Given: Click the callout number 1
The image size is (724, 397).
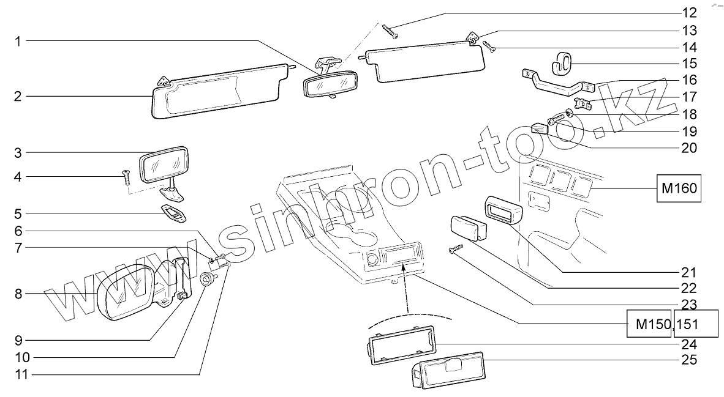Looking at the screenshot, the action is [18, 42].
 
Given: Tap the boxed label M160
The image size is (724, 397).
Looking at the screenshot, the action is [679, 188].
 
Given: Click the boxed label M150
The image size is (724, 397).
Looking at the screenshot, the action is [650, 324].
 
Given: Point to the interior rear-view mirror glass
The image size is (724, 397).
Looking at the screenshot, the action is [330, 84].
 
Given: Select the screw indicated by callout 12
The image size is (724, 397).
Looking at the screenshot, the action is [390, 31].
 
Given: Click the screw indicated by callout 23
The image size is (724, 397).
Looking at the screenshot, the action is [456, 248].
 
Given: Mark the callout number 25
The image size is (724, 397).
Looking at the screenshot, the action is [689, 360].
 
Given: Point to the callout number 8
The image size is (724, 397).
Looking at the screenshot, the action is [18, 294].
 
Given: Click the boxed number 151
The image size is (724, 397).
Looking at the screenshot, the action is [695, 324].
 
